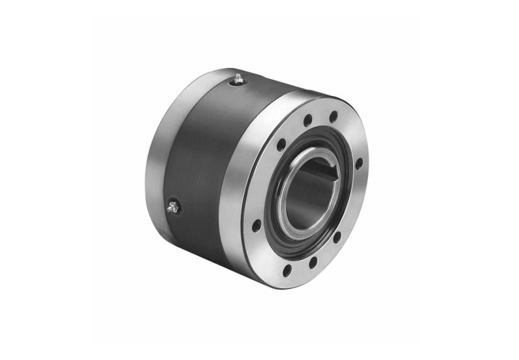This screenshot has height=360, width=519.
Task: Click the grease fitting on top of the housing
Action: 239,78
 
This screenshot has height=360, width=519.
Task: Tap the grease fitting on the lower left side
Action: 172,208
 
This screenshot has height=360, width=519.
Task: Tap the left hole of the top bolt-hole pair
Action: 308,120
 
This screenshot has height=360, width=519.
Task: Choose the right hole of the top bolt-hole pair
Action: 333,117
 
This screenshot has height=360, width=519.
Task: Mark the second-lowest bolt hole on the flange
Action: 313,262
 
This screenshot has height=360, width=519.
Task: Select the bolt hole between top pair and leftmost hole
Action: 281,145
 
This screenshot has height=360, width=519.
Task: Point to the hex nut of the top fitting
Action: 239,80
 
